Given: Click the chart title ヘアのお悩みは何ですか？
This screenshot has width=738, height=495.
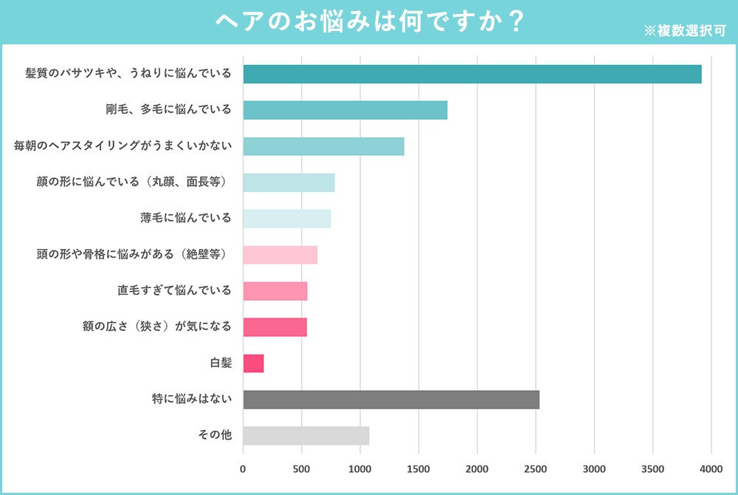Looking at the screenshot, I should coord(369,21).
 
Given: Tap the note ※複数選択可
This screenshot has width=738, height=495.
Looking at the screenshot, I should coord(686,31).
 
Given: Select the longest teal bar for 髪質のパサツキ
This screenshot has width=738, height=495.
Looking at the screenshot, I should coord(472,74).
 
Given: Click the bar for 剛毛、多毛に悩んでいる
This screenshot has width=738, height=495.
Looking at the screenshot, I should coord(345,110).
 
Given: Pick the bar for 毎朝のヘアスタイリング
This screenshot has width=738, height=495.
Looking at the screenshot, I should coord(323,146).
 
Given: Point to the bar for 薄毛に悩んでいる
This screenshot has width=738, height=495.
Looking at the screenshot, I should coord(286,219).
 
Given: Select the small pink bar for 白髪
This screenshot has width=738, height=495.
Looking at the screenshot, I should coord(253,363).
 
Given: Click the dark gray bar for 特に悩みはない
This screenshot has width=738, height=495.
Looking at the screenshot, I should coord(391,400).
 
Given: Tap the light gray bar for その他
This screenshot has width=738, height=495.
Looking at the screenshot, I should coord(306,436).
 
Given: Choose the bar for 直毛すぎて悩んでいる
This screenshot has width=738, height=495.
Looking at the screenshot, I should coord(275,291).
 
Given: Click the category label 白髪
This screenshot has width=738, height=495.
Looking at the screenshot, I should coord(221,363).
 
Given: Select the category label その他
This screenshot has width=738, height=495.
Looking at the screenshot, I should coord(215,435).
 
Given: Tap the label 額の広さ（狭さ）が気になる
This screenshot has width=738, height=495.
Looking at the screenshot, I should coord(157,327).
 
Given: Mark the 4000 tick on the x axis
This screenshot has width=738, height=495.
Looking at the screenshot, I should coord(711,468).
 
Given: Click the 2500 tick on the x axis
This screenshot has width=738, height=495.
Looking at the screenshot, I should coord(535,468).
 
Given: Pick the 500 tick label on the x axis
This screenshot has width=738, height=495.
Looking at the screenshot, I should coord(301,468).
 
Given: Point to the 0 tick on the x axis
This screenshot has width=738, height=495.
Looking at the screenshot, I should coord(243,468).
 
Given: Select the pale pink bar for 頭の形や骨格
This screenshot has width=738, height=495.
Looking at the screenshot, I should coord(280,255).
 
